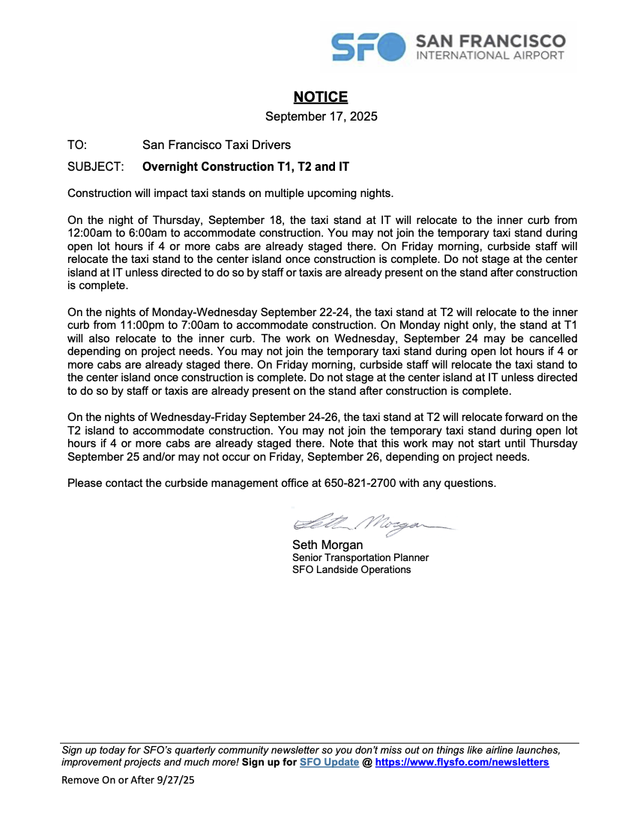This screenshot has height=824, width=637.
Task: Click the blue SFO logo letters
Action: pyautogui.click(x=367, y=46)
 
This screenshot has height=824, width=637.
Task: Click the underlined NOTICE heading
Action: pyautogui.click(x=321, y=97)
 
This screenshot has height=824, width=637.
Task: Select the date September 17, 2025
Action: pyautogui.click(x=321, y=116)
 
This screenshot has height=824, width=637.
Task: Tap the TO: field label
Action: pyautogui.click(x=77, y=145)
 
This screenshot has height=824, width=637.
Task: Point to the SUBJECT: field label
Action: pyautogui.click(x=95, y=166)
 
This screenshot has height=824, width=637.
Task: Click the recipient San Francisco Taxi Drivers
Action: pyautogui.click(x=217, y=145)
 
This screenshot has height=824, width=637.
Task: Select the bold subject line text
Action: pyautogui.click(x=246, y=166)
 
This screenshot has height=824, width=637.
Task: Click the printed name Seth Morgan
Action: pyautogui.click(x=327, y=545)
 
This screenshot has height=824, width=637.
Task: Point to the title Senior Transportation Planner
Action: pyautogui.click(x=360, y=557)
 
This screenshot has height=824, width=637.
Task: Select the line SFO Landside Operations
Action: pyautogui.click(x=351, y=569)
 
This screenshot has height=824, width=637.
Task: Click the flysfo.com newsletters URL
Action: pyautogui.click(x=462, y=763)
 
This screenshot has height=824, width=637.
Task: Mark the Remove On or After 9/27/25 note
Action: pyautogui.click(x=127, y=780)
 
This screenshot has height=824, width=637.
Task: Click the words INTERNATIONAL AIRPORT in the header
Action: pyautogui.click(x=490, y=55)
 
